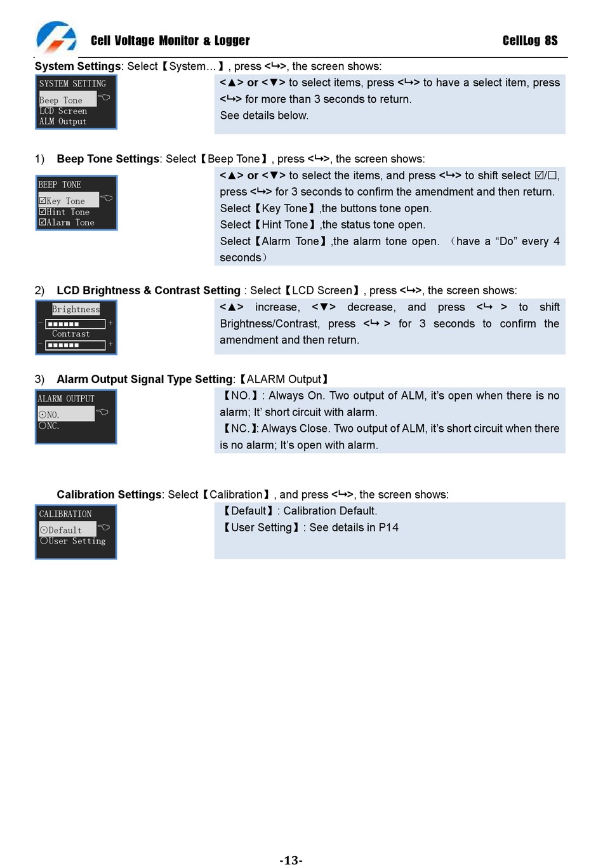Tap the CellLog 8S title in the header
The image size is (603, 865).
[x=530, y=41]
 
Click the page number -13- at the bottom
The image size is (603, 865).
[x=291, y=860]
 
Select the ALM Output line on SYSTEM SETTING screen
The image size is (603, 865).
[x=63, y=121]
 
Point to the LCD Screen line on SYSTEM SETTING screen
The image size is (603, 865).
[x=63, y=111]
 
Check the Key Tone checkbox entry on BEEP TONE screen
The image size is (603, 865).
[x=62, y=201]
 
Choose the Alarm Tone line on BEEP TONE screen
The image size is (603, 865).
[x=67, y=222]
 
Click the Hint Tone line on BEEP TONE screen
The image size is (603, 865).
[x=64, y=212]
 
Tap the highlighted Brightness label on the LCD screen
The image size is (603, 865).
[x=76, y=309]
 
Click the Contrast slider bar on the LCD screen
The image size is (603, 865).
[x=76, y=345]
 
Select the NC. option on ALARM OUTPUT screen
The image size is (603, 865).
[x=49, y=426]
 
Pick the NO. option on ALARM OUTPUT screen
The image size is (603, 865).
[x=49, y=415]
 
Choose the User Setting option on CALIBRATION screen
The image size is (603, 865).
[x=73, y=541]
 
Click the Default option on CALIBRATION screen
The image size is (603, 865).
[x=61, y=530]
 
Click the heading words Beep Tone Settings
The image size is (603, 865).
[x=108, y=159]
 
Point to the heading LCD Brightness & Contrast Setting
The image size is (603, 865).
[x=149, y=290]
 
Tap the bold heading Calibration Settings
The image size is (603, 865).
[x=109, y=495]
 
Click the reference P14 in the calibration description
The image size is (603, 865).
[x=388, y=528]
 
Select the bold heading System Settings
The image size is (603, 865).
[x=77, y=66]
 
